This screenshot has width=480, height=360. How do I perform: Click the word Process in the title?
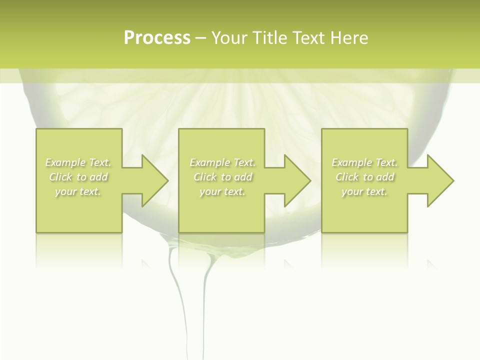pos(157,38)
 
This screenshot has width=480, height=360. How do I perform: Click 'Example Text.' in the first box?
pos(78,162)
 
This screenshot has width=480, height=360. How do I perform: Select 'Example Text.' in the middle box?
pos(222,162)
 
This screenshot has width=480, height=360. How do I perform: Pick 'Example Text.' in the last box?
pos(364,162)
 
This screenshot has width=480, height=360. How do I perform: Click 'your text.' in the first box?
pos(78,191)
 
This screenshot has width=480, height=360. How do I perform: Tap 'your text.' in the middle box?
pos(222,191)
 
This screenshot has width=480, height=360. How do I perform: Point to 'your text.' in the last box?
pos(364,191)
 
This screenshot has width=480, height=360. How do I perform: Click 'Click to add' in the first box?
pos(78,177)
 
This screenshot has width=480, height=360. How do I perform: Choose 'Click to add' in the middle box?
pos(222,177)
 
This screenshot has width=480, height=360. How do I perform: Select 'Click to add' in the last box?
pos(364,177)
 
